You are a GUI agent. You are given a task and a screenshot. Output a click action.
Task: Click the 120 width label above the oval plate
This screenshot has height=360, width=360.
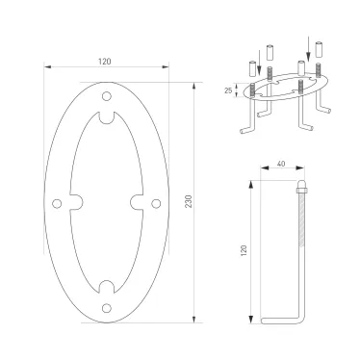[x=104, y=61]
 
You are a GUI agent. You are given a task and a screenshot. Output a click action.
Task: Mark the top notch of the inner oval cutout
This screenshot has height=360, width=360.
[x=106, y=118]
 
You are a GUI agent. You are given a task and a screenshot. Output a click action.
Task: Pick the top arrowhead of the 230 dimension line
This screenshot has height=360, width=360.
[x=195, y=87]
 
